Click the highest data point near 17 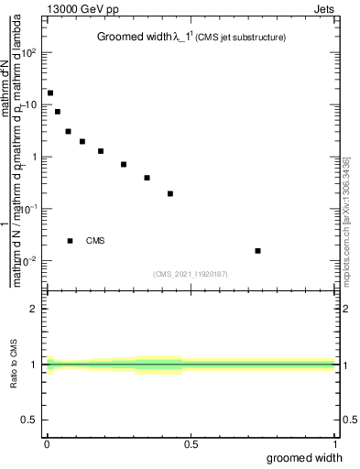tap(50, 93)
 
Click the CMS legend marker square tap(70, 241)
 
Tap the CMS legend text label tap(95, 241)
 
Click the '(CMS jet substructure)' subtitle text tap(239, 38)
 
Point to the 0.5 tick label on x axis tap(191, 443)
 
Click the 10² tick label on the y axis tap(28, 52)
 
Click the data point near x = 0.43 tap(170, 193)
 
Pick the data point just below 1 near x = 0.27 tap(124, 165)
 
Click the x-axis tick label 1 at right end tap(336, 443)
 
